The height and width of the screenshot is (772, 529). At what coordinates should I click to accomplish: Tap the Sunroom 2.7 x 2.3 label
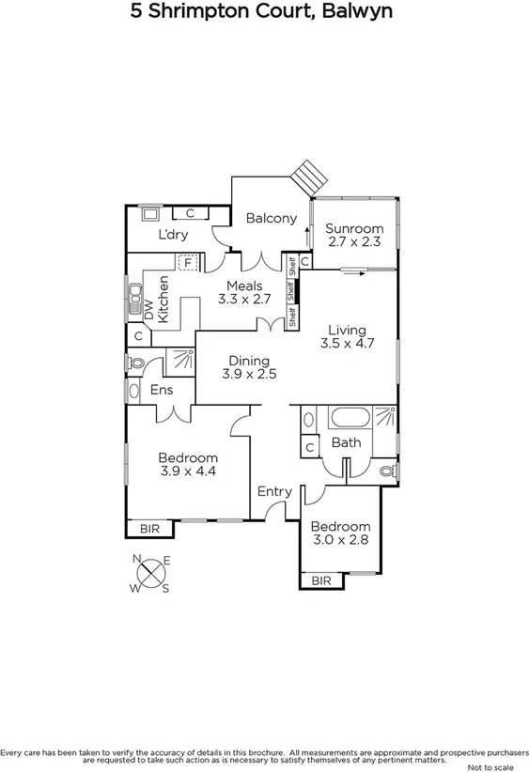tap(355, 235)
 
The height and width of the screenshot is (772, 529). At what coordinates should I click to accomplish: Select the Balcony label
tap(272, 218)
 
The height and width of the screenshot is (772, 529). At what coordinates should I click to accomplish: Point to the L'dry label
tap(171, 235)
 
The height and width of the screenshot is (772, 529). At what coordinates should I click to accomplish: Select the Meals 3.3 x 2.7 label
tap(244, 293)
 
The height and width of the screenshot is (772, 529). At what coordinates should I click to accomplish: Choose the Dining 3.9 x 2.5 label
tap(246, 367)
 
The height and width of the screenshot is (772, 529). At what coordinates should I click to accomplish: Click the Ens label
tap(161, 391)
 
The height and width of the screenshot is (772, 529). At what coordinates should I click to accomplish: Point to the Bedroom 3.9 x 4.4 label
tap(188, 464)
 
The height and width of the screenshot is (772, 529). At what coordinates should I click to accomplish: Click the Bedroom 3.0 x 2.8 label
tap(340, 533)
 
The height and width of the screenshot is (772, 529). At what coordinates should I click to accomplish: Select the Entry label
tap(274, 491)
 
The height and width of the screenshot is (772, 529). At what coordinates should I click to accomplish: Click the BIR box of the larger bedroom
tap(149, 530)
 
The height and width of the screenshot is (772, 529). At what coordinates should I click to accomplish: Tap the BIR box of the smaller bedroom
tap(321, 581)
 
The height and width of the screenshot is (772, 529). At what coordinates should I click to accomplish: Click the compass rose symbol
tap(151, 574)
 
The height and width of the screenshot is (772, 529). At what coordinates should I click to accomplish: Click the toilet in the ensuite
tap(134, 363)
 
